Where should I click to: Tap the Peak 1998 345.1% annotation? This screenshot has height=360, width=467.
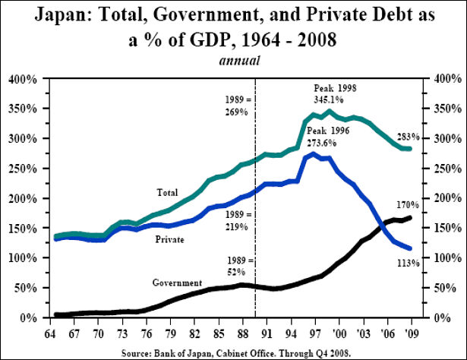coord(335,94)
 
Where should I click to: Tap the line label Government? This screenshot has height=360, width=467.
coord(177,283)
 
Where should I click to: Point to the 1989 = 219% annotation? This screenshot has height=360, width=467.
coord(237,219)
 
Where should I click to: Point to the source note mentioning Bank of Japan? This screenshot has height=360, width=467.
coord(233,352)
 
